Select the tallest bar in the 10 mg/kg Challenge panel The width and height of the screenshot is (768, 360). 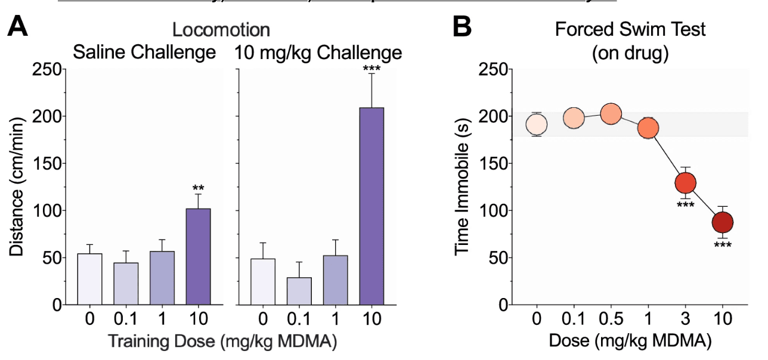click(x=371, y=206)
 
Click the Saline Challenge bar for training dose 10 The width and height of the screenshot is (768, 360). click(x=199, y=256)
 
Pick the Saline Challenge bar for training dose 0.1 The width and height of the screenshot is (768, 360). click(x=126, y=284)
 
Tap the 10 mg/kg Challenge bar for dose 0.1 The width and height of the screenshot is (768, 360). click(x=299, y=291)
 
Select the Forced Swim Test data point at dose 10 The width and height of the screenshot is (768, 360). click(x=723, y=222)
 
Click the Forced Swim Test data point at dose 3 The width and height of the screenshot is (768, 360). click(x=686, y=182)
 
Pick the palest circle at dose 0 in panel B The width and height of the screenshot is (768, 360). click(x=537, y=124)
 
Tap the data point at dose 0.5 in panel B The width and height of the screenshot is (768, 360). click(x=611, y=113)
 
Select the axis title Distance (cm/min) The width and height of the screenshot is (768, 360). click(x=17, y=188)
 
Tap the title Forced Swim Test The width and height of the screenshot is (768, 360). click(x=630, y=29)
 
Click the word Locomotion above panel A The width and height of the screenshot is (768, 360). click(x=221, y=30)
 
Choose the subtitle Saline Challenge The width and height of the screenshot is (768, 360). click(x=144, y=52)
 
